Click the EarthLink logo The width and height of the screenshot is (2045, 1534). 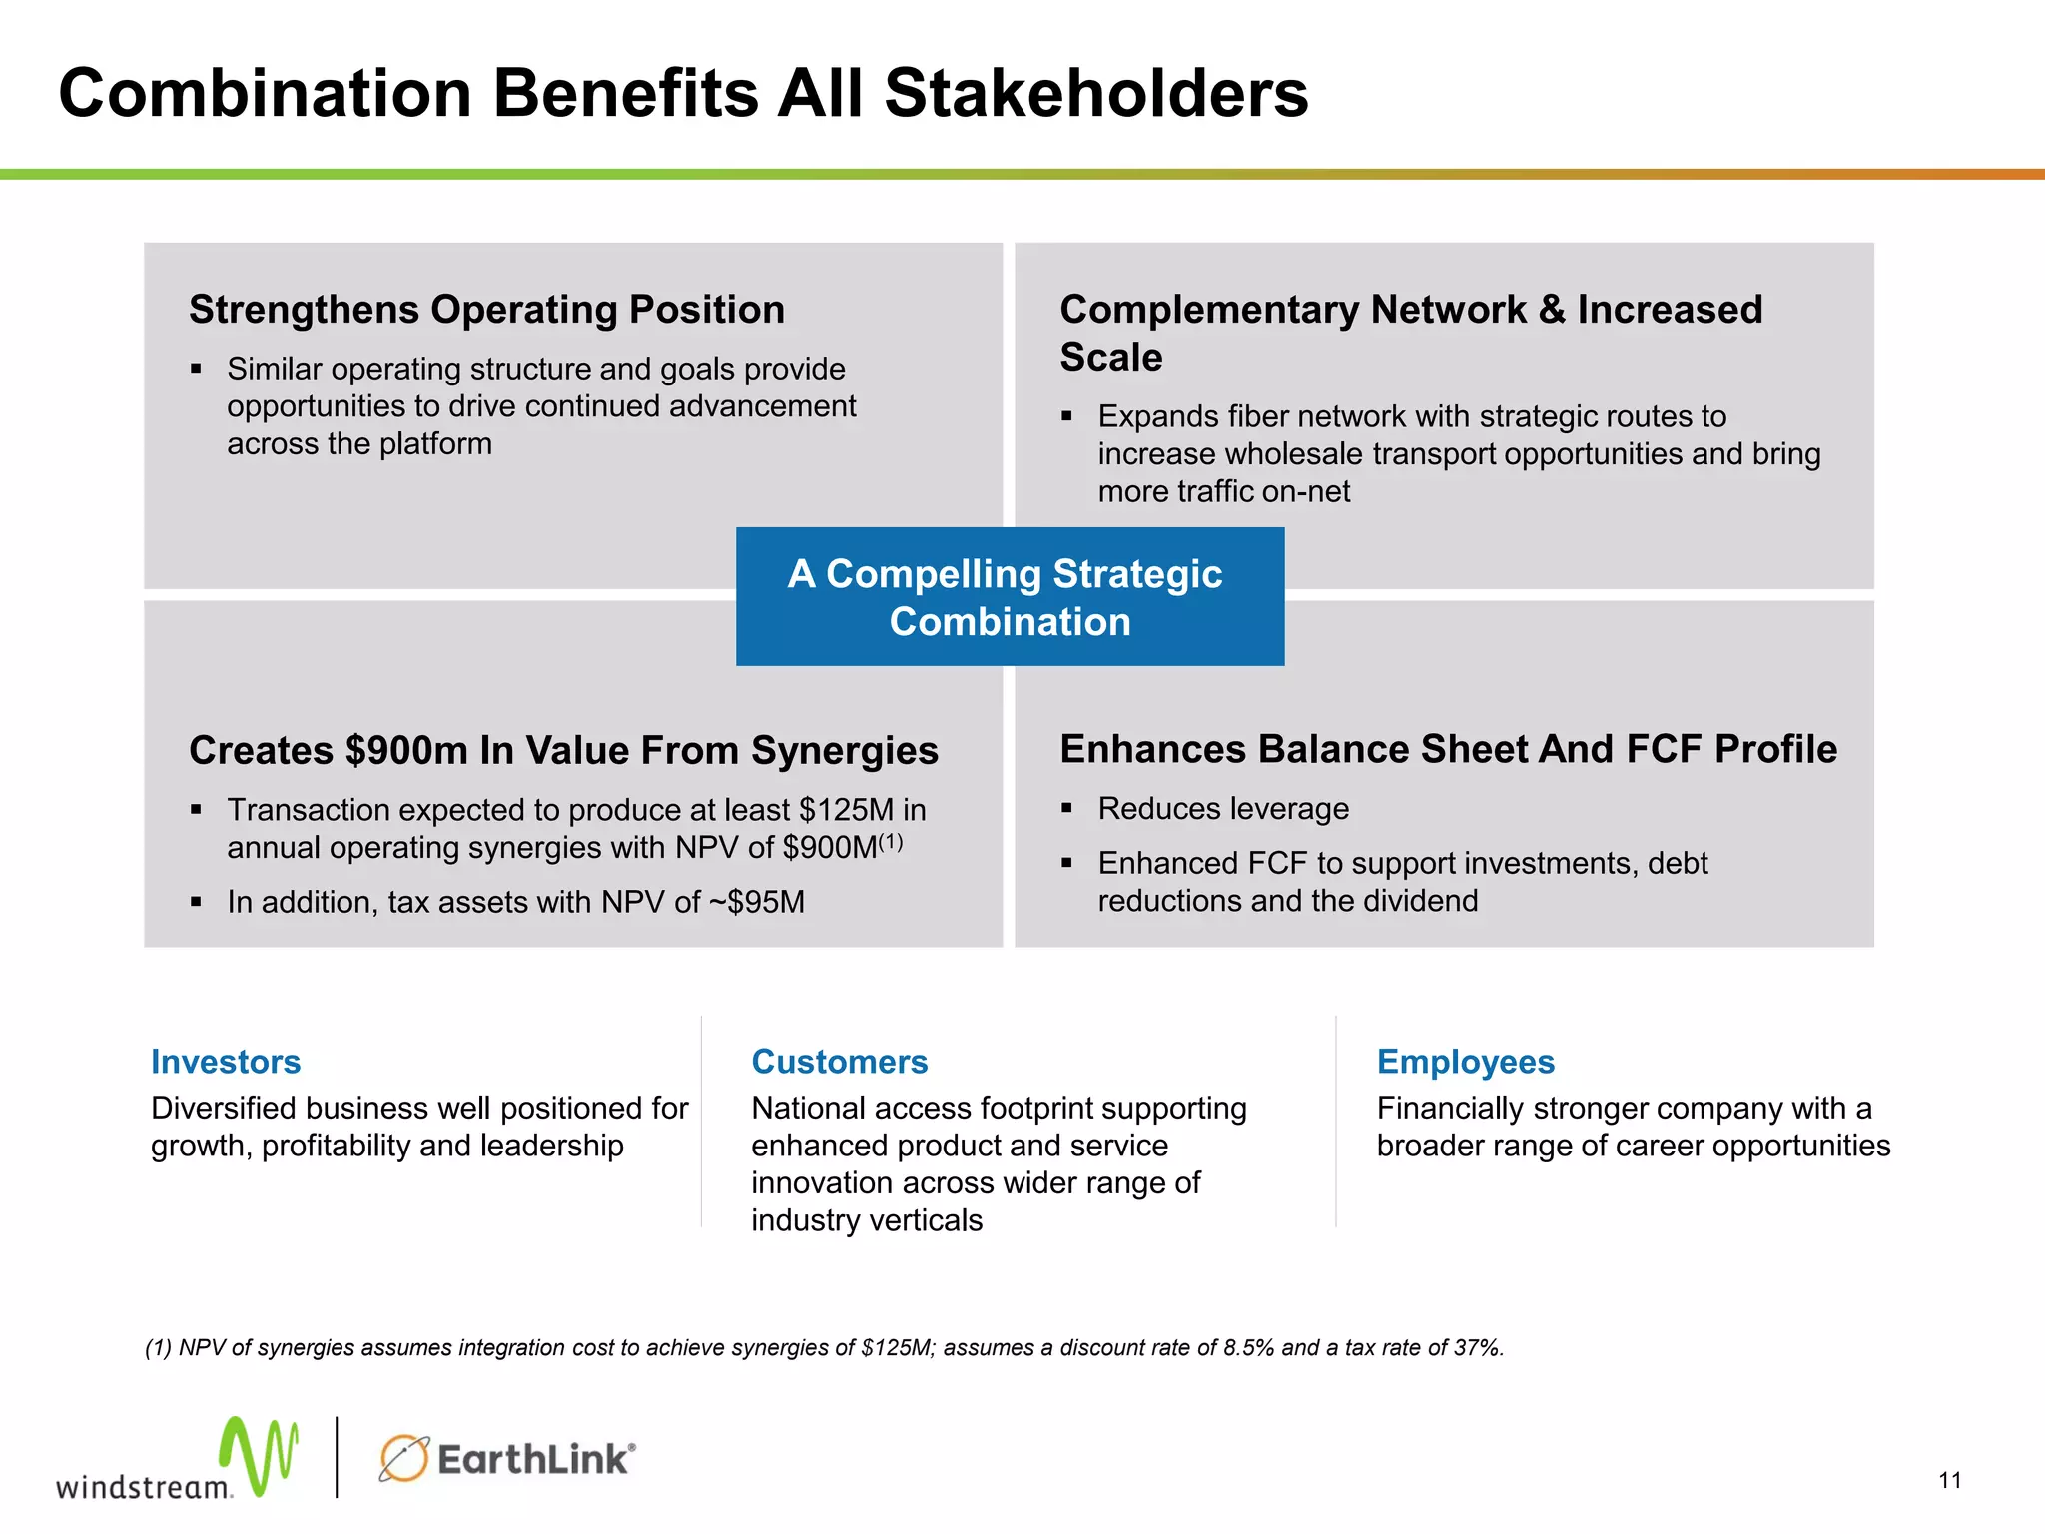[507, 1459]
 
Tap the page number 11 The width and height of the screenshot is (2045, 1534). [1950, 1481]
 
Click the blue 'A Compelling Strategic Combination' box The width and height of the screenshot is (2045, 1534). [1010, 597]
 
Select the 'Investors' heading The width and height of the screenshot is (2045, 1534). [226, 1062]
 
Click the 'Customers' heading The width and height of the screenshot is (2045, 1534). [839, 1062]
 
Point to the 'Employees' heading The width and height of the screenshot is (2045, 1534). [1465, 1062]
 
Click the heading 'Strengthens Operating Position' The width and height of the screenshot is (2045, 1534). [486, 310]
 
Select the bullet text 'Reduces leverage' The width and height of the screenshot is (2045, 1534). [1223, 809]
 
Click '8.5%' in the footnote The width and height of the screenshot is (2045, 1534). [1248, 1348]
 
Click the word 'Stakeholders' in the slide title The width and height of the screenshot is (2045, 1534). [1095, 94]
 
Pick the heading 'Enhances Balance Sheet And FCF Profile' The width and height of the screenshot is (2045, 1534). [1448, 749]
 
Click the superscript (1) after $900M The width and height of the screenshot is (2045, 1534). [891, 841]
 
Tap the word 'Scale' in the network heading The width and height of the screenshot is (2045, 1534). [1111, 358]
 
